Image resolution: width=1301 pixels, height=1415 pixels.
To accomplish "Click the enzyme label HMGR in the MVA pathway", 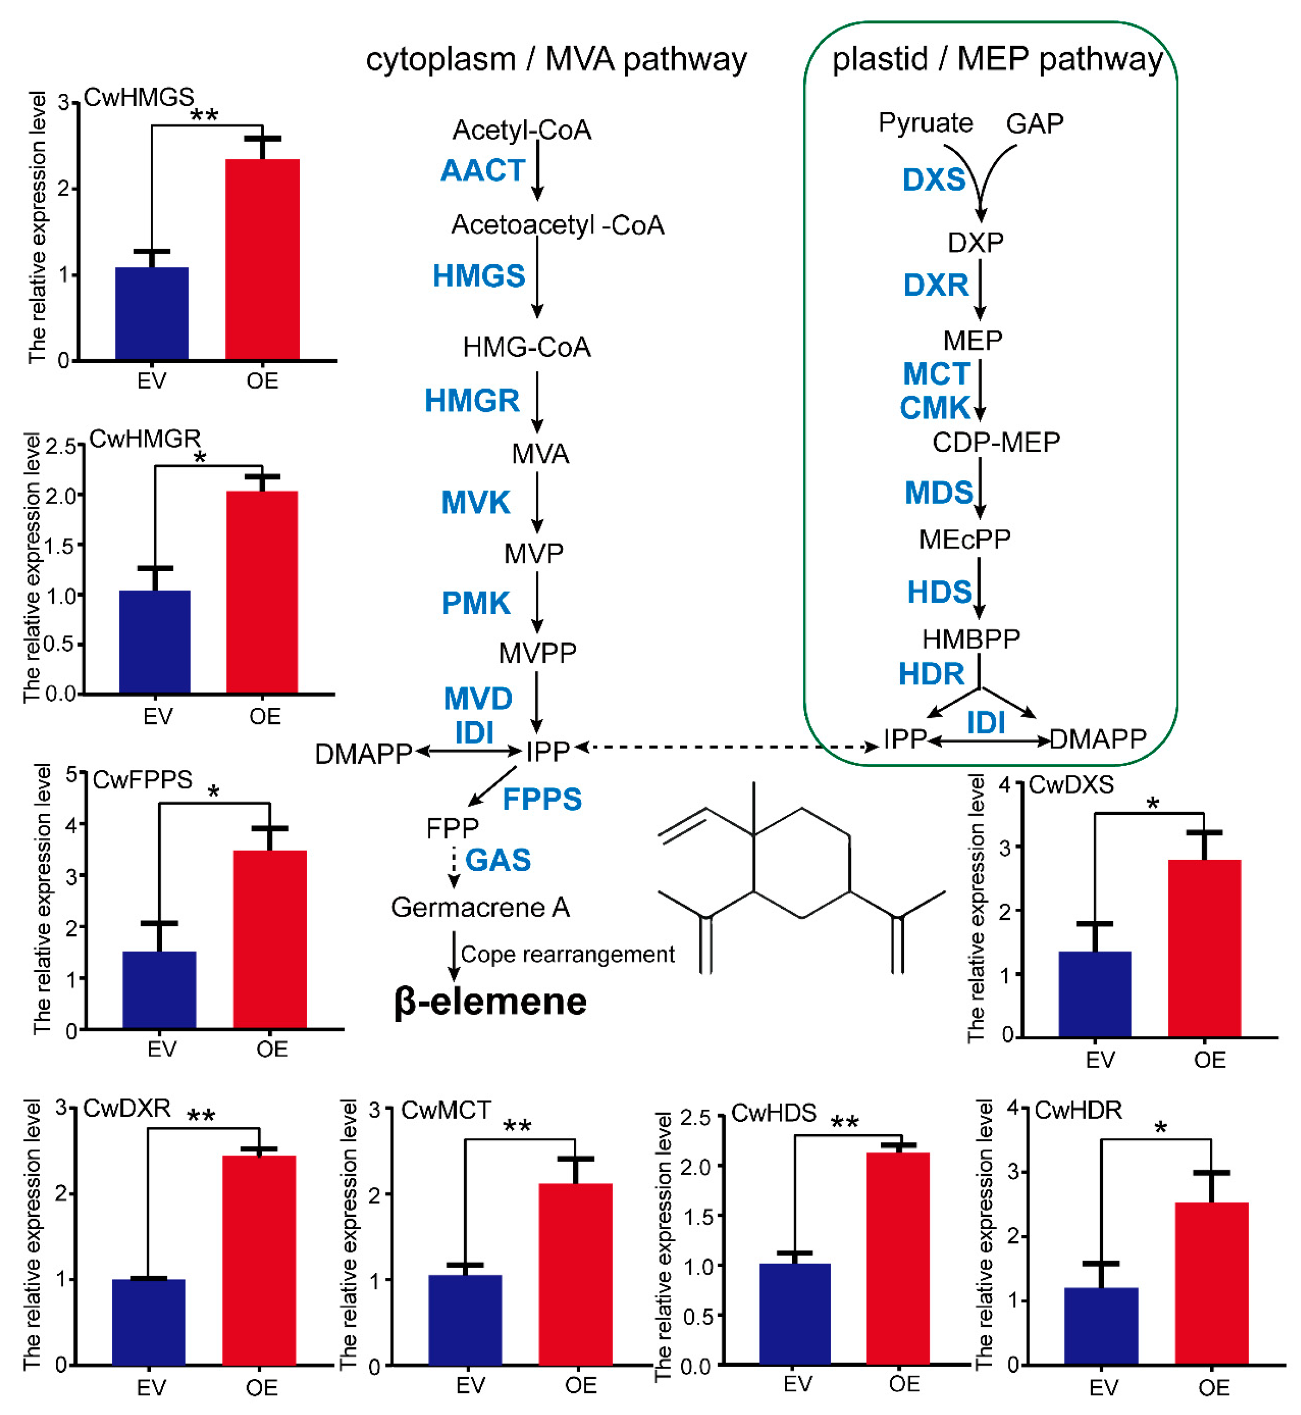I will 472,401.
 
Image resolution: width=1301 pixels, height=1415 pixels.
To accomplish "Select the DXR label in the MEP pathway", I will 936,285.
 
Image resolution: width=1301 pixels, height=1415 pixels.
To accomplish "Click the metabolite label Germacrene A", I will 480,908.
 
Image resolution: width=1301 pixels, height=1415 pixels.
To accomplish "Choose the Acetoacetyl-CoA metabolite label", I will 558,225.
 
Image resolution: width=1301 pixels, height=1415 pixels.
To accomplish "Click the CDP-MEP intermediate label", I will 996,442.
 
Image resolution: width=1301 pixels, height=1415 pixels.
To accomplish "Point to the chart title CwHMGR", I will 145,439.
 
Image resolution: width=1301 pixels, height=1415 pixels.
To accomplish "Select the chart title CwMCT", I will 446,1110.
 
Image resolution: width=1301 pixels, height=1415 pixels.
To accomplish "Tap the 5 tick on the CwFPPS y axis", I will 71,775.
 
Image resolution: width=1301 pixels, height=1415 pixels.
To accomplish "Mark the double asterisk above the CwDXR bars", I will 201,1116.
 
